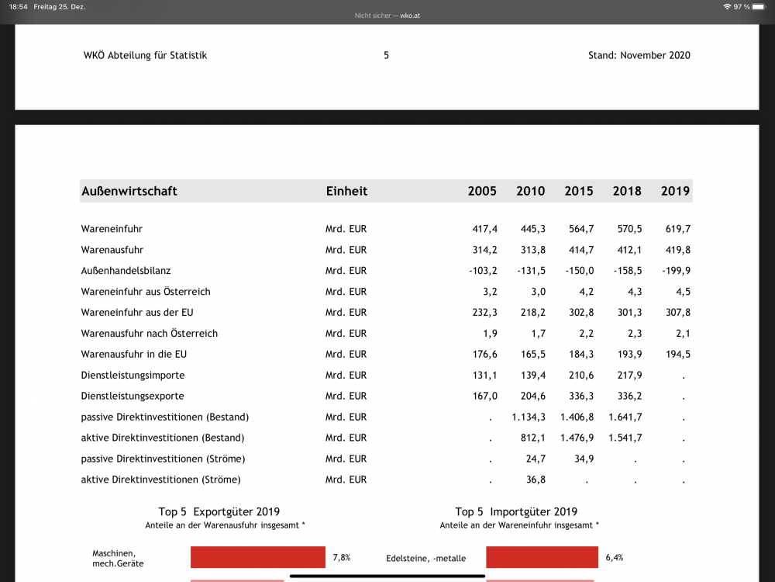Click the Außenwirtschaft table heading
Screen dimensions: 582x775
(x=129, y=191)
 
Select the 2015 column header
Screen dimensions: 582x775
(x=579, y=191)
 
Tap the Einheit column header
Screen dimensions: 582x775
(x=346, y=191)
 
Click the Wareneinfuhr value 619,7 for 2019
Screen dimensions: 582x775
(x=677, y=229)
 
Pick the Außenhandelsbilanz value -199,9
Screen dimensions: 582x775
(x=675, y=271)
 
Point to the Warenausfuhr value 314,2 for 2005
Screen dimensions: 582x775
(x=484, y=250)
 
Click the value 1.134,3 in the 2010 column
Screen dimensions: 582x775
(x=529, y=417)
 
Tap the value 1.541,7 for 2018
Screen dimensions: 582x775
(x=625, y=438)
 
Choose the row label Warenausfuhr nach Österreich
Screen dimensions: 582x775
(x=149, y=333)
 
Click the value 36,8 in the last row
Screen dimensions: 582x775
(x=536, y=480)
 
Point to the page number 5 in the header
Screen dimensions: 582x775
(x=386, y=55)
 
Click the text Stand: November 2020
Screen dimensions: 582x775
(x=639, y=55)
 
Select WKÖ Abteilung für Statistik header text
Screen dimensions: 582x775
(x=145, y=55)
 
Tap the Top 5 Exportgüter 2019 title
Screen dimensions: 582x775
(x=219, y=511)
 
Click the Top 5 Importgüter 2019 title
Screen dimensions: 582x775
(x=516, y=511)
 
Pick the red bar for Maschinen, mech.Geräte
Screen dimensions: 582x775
(x=257, y=557)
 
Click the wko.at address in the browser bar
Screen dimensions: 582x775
(x=410, y=16)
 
